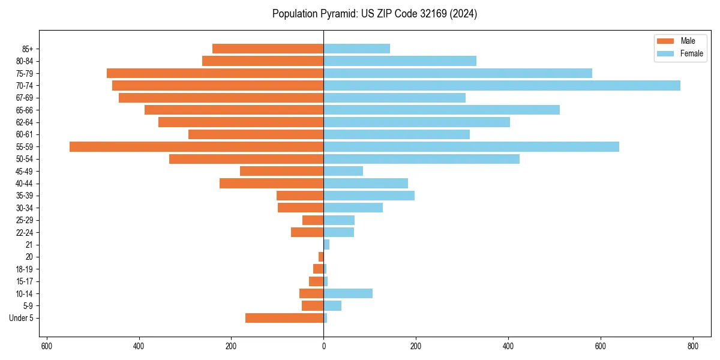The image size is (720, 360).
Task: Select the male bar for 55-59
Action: point(196,146)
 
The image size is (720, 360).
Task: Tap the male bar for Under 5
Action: point(284,318)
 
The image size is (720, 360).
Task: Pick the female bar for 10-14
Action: point(348,293)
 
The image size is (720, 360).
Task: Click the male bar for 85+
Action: point(268,49)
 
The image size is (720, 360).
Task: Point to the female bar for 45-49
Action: point(343,171)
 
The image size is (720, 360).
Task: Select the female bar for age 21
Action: point(326,244)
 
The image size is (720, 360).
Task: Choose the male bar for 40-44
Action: point(271,183)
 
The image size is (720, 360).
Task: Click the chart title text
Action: point(374,14)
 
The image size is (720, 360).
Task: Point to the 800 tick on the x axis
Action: point(693,346)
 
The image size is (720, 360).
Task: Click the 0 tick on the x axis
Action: point(323,346)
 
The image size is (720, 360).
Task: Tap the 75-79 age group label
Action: point(25,73)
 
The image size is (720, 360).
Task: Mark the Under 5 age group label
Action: point(21,318)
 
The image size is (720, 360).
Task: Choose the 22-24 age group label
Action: point(25,232)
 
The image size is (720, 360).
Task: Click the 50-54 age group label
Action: point(25,159)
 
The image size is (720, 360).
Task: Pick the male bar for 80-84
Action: point(263,61)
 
